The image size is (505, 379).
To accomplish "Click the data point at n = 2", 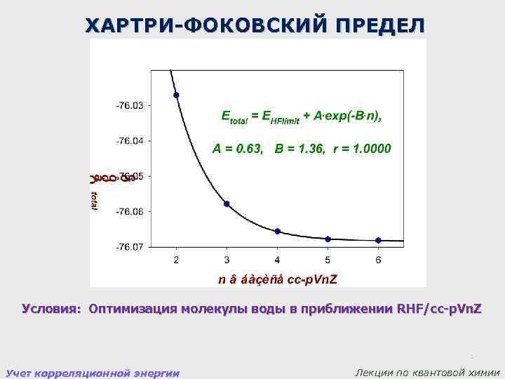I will [176, 95].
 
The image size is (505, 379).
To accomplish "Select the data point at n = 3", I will [227, 204].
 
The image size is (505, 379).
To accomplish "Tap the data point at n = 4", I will [278, 231].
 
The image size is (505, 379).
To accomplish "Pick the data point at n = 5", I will [328, 239].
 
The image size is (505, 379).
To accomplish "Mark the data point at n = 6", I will [378, 240].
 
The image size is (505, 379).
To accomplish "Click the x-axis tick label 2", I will [176, 260].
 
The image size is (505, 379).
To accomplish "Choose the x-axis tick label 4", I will [278, 260].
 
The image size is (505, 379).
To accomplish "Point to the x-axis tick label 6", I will [378, 260].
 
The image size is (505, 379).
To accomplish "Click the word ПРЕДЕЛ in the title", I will [379, 26].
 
